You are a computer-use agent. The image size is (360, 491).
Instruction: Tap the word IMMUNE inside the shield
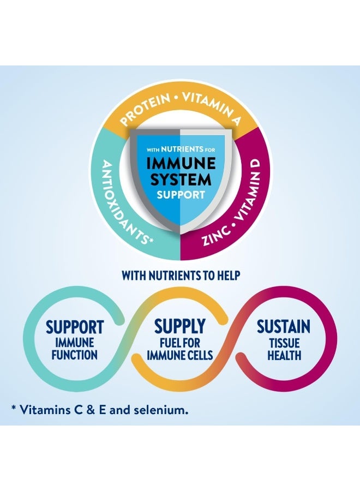click(179, 164)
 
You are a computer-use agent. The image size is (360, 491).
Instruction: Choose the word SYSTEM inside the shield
click(179, 179)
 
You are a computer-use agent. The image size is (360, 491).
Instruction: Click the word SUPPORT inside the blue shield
click(179, 194)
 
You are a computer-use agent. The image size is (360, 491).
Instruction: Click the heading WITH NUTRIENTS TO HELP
click(180, 276)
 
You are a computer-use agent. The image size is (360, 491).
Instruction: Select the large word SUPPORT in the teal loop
click(75, 327)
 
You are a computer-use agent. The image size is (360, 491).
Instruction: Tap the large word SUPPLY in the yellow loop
click(179, 326)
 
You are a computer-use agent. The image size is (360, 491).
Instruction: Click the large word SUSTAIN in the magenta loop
click(284, 327)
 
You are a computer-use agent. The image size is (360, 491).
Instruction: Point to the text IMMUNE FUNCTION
click(75, 349)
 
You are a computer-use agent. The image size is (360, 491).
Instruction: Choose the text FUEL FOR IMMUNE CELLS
click(179, 349)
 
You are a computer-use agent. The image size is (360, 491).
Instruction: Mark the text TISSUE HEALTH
click(284, 349)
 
